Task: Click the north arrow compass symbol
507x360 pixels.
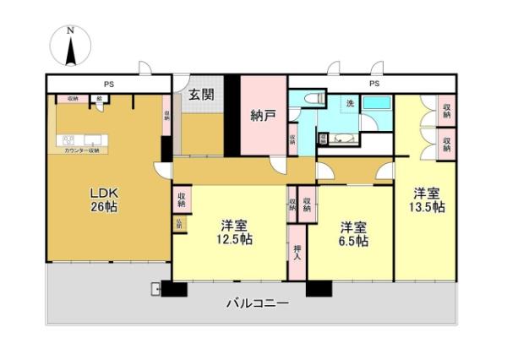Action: [x=72, y=47]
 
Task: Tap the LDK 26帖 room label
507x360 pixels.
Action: [x=105, y=199]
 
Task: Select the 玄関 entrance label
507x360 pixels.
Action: [x=200, y=95]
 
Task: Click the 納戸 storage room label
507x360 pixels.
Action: [x=263, y=116]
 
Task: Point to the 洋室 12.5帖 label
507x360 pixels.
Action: [x=234, y=232]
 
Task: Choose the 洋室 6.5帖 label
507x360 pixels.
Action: [x=353, y=234]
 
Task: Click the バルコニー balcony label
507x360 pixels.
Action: [x=256, y=303]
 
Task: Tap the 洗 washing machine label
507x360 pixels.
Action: [x=348, y=103]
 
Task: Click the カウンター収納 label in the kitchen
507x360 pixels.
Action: [x=81, y=150]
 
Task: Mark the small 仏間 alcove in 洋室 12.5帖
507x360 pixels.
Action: [x=179, y=224]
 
